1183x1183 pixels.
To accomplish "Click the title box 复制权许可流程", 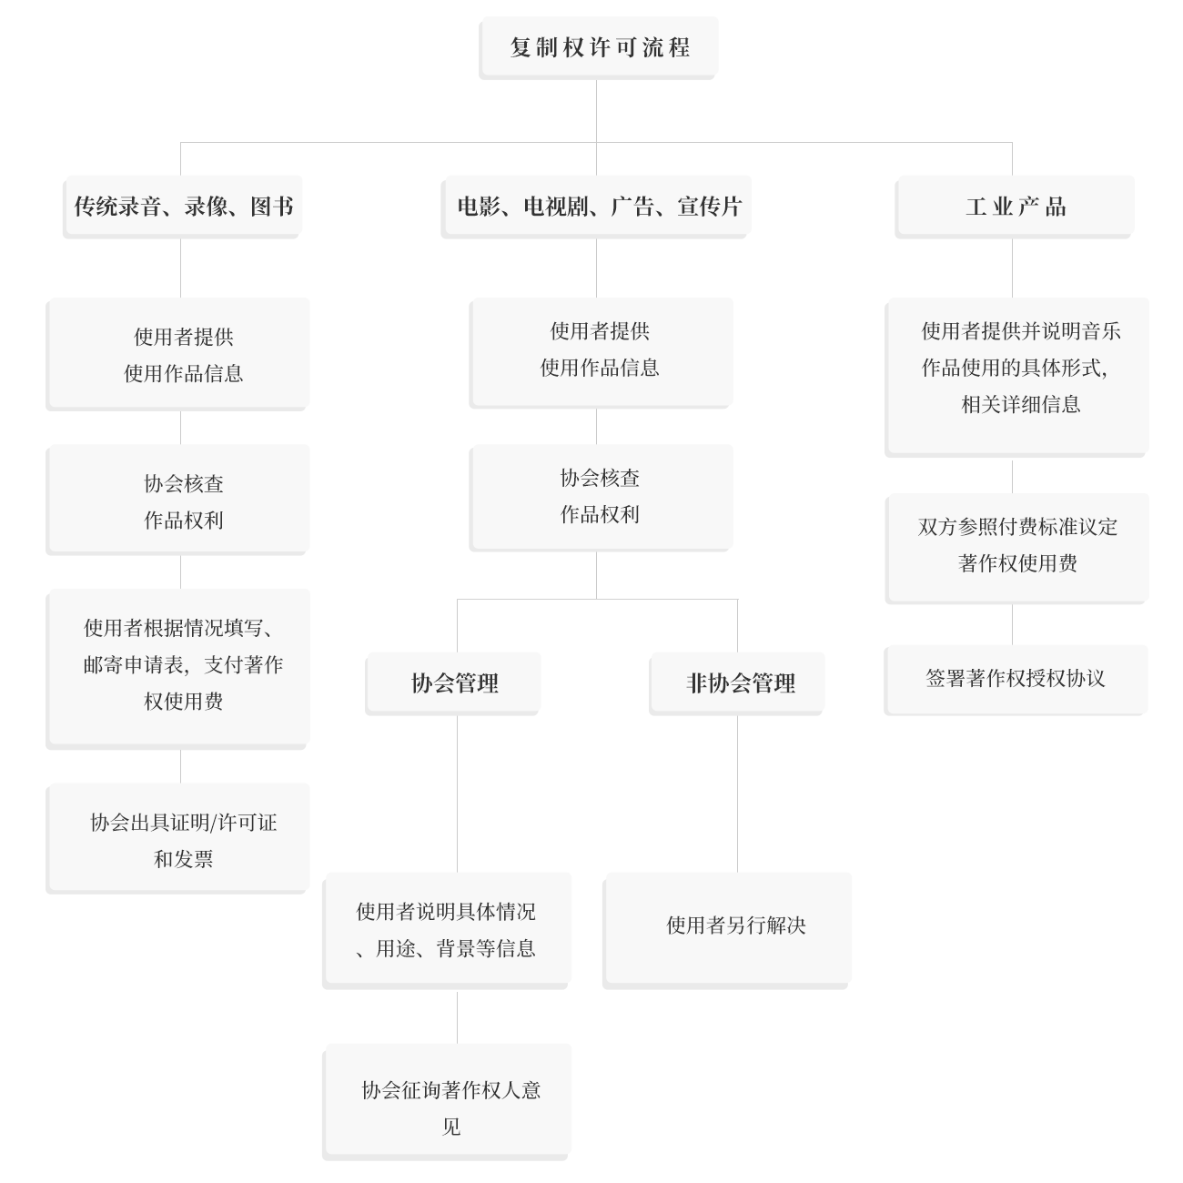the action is pyautogui.click(x=599, y=48).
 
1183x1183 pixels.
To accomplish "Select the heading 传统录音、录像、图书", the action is pyautogui.click(x=182, y=207).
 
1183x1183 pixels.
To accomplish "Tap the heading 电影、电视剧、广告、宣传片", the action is pyautogui.click(x=596, y=207).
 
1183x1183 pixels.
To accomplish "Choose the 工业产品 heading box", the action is pyautogui.click(x=1015, y=207).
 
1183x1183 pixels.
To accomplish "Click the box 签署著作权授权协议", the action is pyautogui.click(x=1016, y=680).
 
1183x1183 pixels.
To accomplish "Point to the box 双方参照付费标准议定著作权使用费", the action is pyautogui.click(x=1016, y=549).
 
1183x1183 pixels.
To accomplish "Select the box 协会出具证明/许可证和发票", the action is pyautogui.click(x=177, y=839).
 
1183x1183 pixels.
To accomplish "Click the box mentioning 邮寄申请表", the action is pyautogui.click(x=177, y=669).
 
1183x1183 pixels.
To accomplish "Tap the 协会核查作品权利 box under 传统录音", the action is pyautogui.click(x=177, y=500).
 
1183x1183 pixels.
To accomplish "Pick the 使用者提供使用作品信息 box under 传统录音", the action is pyautogui.click(x=177, y=354).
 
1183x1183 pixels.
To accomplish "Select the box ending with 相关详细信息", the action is pyautogui.click(x=1016, y=379).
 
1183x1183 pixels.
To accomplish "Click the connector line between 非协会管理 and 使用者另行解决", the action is pyautogui.click(x=737, y=794).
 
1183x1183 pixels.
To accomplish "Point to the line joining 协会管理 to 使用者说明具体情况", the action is pyautogui.click(x=457, y=794).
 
